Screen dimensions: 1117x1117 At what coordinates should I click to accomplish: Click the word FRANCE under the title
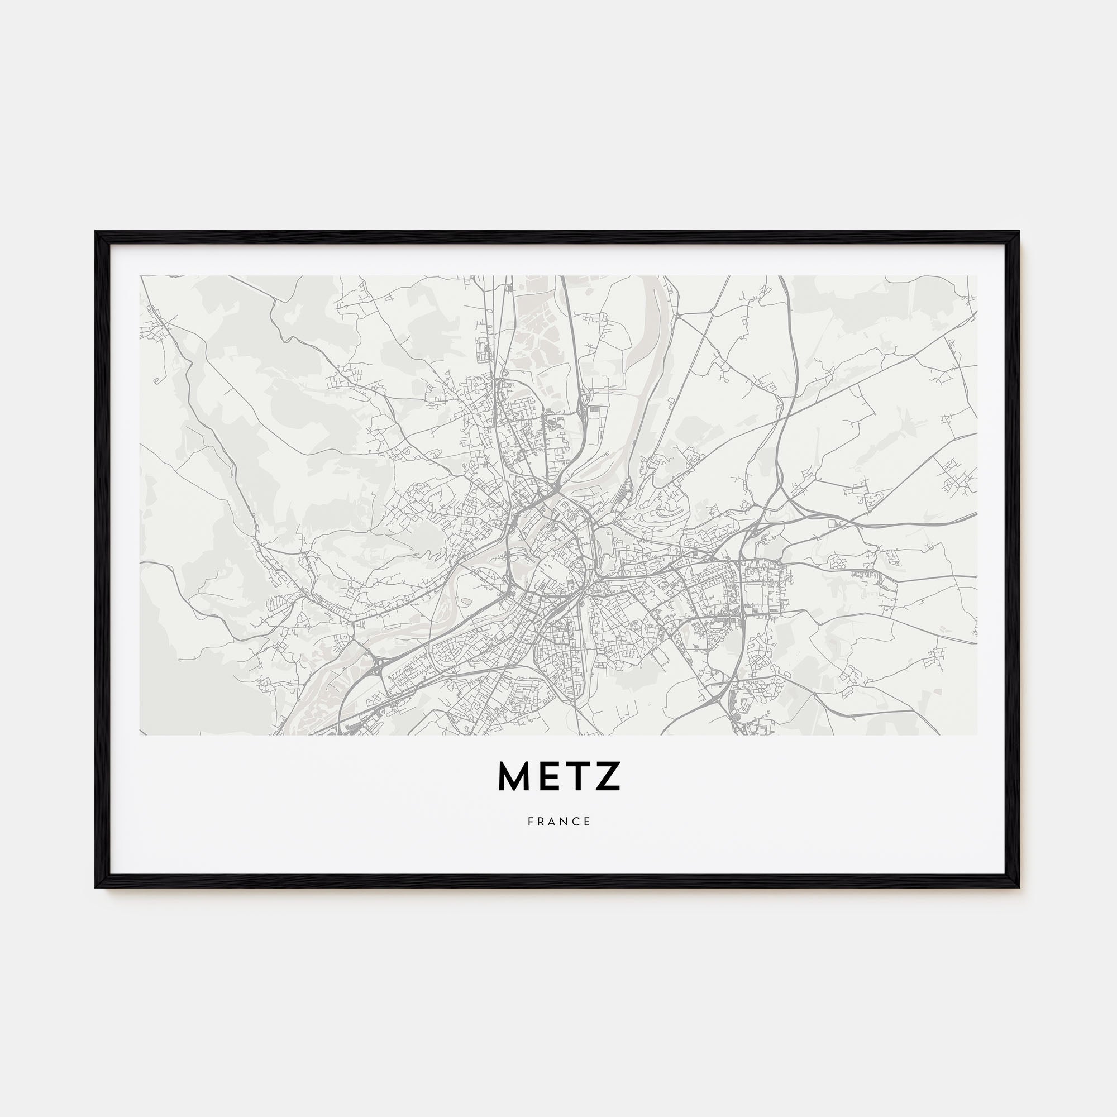[x=558, y=822]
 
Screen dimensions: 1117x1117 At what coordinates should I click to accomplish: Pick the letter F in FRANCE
[x=530, y=822]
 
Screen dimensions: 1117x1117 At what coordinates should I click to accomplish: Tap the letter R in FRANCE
[x=541, y=822]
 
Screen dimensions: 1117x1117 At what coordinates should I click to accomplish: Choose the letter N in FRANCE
[x=565, y=822]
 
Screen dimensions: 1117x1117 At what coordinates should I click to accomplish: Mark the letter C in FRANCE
[x=576, y=822]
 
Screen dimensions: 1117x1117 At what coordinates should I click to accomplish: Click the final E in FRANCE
[x=588, y=822]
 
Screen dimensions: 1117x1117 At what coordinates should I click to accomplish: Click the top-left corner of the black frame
[x=96, y=232]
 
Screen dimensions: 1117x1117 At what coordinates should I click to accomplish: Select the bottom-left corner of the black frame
[x=96, y=887]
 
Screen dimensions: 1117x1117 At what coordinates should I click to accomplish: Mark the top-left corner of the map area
[x=141, y=276]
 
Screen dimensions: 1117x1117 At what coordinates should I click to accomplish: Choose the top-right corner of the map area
[x=976, y=276]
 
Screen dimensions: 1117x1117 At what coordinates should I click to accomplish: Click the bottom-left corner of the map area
[x=141, y=735]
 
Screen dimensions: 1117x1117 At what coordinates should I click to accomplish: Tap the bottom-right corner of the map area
[x=976, y=735]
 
